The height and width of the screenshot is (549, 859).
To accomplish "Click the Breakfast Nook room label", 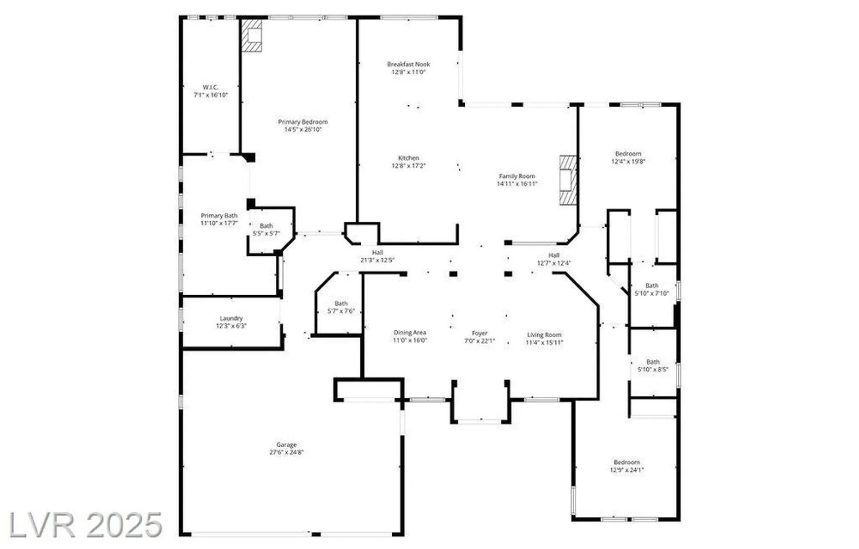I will click(408, 64).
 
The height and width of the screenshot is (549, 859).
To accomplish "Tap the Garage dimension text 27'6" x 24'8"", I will click(286, 452).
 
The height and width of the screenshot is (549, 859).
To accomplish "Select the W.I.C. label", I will click(210, 87).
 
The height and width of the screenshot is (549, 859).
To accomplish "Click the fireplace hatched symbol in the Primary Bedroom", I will click(252, 36).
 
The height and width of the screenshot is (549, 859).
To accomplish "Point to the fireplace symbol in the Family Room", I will click(567, 180).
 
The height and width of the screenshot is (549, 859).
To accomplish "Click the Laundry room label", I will click(231, 318).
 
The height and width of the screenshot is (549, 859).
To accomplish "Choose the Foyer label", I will click(479, 333).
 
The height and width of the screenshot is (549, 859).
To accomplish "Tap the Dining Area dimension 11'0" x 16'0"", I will click(410, 340).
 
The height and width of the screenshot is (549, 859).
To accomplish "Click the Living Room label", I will click(544, 335).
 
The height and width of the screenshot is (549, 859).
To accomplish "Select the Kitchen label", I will click(408, 158).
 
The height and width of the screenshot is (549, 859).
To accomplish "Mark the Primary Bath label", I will click(219, 216).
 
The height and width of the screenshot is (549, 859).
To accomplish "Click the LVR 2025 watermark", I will click(86, 525).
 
